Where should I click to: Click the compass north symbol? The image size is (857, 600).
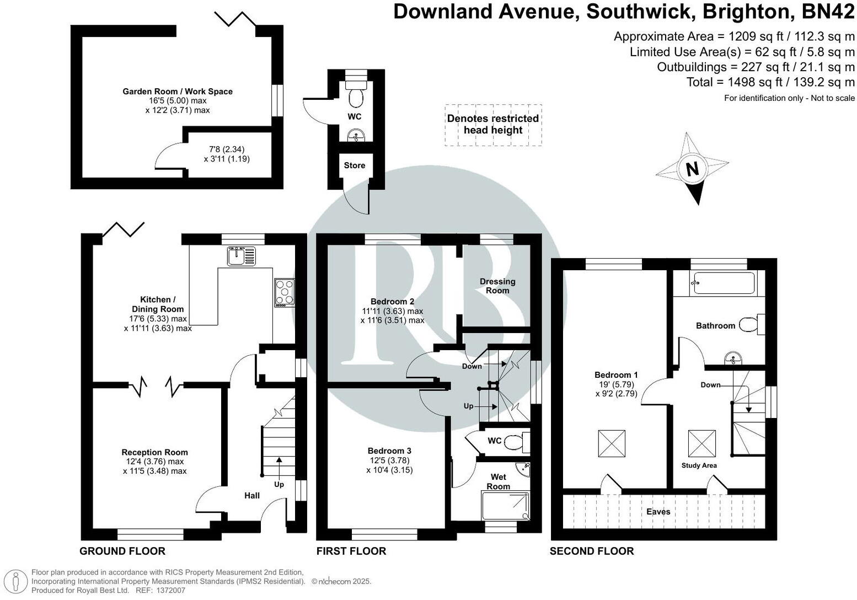click(x=692, y=168)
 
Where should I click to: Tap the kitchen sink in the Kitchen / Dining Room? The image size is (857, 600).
click(x=241, y=255)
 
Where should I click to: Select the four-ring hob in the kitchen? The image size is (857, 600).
click(x=285, y=293)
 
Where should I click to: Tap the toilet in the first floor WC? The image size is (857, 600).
click(x=516, y=441)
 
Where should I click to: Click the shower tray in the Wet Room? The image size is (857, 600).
click(x=505, y=505)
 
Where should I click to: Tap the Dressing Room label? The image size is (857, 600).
click(x=497, y=286)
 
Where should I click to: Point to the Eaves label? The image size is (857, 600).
click(x=658, y=512)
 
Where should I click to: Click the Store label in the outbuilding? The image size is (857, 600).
click(x=355, y=165)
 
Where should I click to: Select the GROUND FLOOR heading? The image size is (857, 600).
click(x=122, y=551)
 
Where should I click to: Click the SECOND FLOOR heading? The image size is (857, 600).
click(x=592, y=551)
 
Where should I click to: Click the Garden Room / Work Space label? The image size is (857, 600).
click(x=178, y=92)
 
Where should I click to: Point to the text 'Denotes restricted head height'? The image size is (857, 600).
click(x=493, y=124)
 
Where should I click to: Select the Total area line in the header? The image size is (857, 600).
click(x=770, y=82)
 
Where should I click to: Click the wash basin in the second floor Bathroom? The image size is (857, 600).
click(x=733, y=359)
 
